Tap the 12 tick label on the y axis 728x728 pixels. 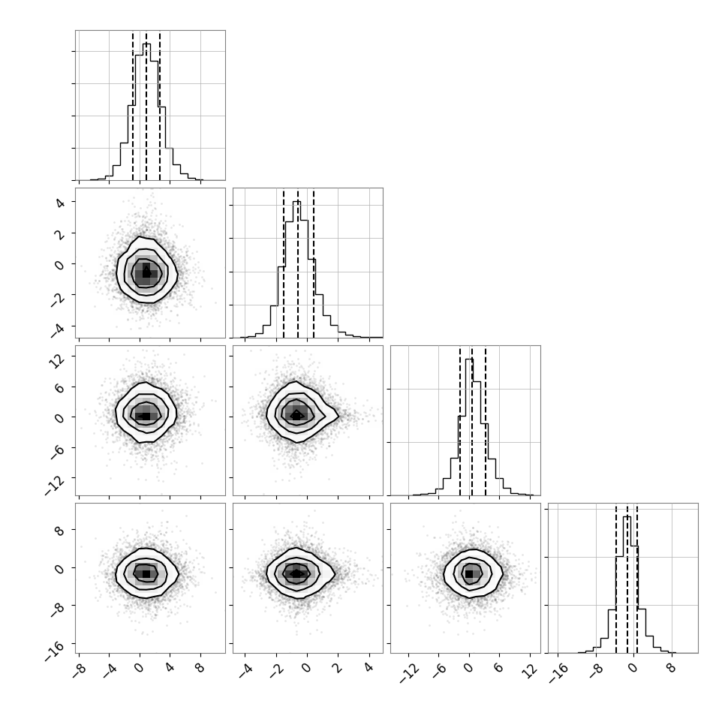(57, 359)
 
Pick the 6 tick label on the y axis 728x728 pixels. (59, 388)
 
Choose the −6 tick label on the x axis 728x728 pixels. (439, 671)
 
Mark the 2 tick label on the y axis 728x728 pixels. (59, 234)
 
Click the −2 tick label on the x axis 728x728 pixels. (275, 671)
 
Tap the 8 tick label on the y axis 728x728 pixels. (59, 531)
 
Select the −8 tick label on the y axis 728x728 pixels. (57, 609)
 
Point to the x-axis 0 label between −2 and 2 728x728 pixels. (305, 668)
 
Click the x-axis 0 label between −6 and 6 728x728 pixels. (468, 668)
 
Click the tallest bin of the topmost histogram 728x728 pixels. (146, 112)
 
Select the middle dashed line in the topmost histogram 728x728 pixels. (146, 105)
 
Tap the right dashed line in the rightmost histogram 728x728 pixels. (637, 578)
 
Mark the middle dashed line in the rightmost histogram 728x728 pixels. (627, 578)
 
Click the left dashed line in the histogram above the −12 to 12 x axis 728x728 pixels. (459, 420)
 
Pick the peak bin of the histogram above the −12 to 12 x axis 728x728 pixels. (469, 427)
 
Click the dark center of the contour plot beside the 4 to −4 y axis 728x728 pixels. (146, 273)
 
